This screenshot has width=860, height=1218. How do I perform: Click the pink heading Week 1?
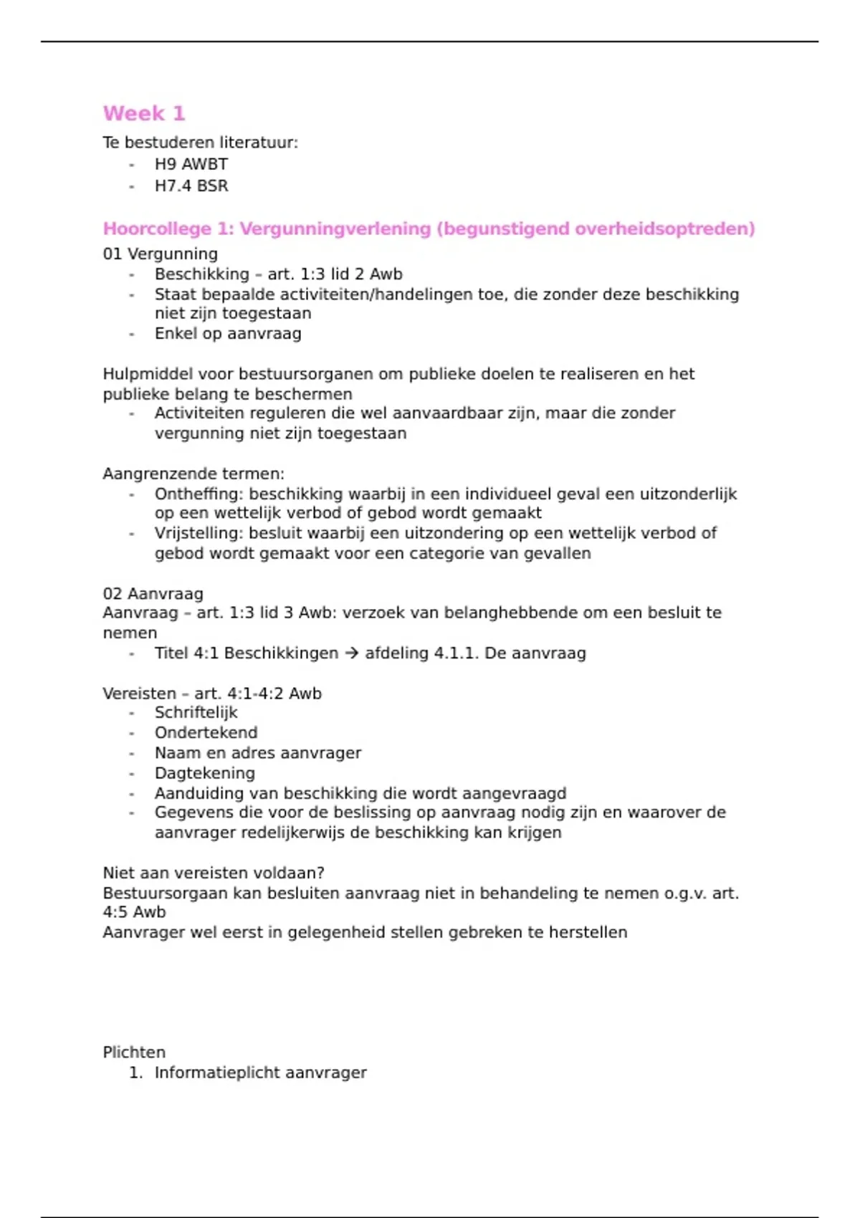[144, 113]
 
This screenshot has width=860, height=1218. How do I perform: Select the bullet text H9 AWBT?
[191, 164]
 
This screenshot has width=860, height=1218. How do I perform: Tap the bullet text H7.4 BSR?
[191, 186]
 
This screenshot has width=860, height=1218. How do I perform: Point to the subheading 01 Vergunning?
[160, 254]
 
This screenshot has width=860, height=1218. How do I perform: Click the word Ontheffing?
[199, 494]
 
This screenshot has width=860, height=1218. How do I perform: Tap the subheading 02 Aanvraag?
[153, 593]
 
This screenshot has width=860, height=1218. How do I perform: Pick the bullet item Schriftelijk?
[196, 712]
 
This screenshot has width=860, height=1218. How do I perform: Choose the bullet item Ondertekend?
[206, 732]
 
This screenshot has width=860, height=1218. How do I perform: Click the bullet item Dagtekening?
[204, 773]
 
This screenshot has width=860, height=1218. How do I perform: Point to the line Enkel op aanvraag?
[228, 333]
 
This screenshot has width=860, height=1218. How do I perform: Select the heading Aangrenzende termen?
[193, 474]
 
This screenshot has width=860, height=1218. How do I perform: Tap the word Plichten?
[134, 1052]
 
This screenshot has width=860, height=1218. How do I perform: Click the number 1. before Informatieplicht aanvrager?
[135, 1073]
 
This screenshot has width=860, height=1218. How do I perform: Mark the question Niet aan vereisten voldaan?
[214, 873]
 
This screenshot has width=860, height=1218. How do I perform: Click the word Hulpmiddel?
[148, 374]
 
